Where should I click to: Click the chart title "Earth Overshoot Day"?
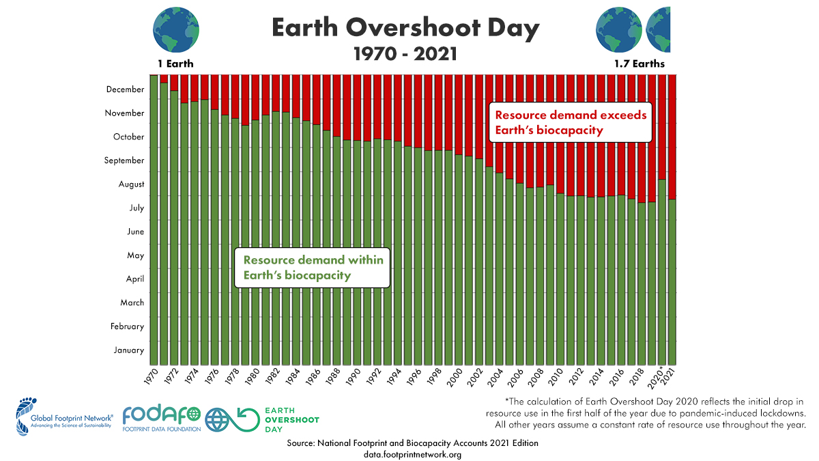pos(405,28)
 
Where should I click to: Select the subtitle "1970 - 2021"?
pos(405,53)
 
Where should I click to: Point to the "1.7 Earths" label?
pos(639,64)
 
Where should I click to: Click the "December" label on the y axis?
pos(125,89)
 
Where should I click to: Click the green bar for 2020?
pos(662,273)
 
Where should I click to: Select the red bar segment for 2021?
pos(672,137)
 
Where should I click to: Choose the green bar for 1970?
pos(154,219)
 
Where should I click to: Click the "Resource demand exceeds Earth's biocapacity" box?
pos(571,122)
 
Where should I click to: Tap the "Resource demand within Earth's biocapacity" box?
pos(313,268)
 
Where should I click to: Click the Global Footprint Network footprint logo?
pos(26,415)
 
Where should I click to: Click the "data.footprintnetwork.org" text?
pos(412,454)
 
